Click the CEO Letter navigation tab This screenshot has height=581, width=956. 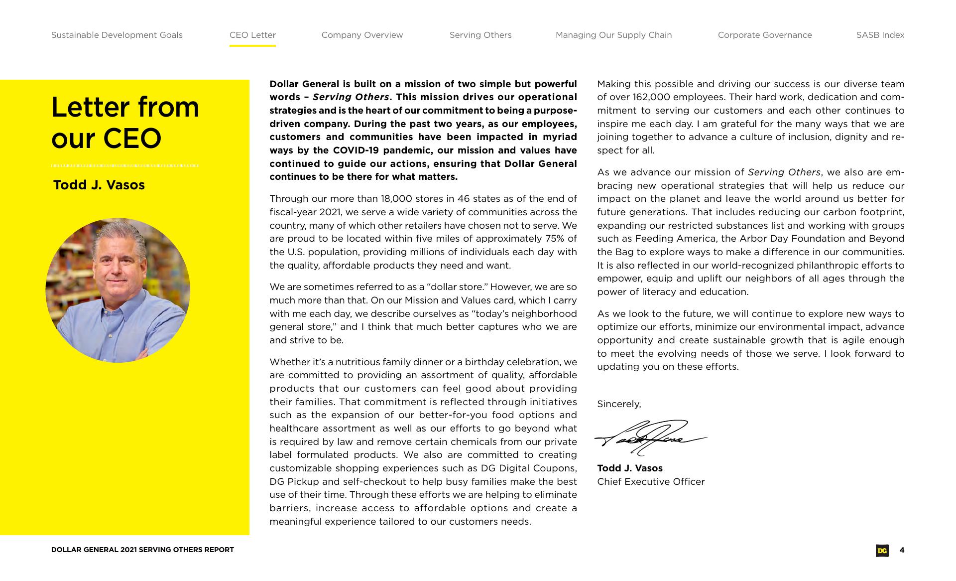click(252, 35)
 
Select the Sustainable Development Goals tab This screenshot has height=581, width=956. click(117, 35)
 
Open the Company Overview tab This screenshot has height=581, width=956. click(362, 35)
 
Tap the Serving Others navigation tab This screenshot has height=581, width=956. click(480, 35)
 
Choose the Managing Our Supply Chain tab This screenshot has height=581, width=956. click(613, 35)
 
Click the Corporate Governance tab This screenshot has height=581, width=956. click(765, 35)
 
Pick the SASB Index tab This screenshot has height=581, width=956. click(880, 35)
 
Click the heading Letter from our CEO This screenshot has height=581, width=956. click(125, 123)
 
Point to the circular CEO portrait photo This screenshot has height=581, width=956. click(118, 290)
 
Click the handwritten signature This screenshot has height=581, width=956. click(650, 437)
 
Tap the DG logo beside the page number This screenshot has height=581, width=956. click(882, 551)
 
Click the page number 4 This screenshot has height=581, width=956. click(902, 550)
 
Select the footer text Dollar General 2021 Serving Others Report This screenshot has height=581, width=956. click(142, 550)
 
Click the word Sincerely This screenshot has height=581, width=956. click(619, 404)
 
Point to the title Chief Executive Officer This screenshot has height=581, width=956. click(651, 482)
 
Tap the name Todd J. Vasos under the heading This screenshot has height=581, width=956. click(99, 185)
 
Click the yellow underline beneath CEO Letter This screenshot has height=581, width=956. click(252, 46)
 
